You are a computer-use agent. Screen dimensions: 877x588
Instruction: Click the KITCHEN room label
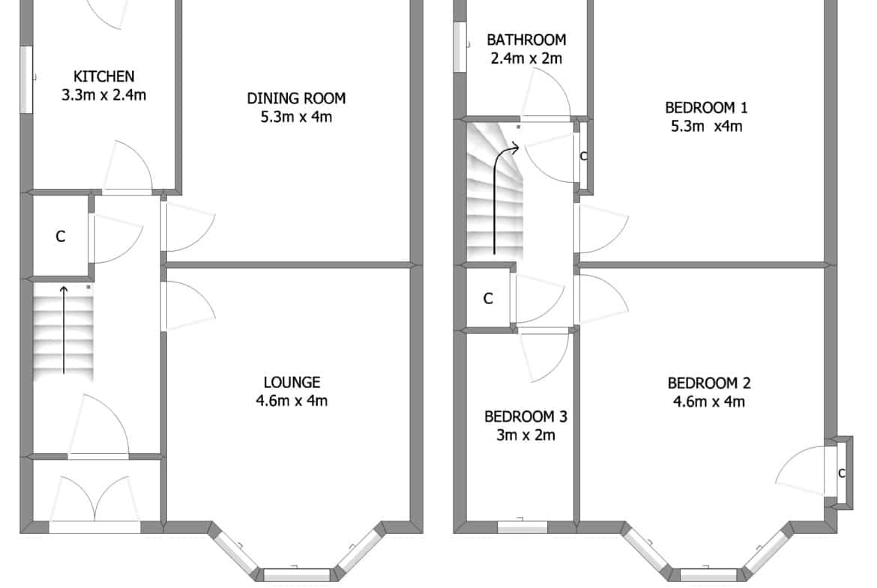tap(104, 76)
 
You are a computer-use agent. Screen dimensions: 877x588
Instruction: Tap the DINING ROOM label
tap(296, 98)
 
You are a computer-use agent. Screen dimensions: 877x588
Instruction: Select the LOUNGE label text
tap(292, 382)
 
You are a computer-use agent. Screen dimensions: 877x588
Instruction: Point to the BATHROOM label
tap(526, 40)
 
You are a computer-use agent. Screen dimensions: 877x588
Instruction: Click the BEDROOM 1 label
tap(706, 107)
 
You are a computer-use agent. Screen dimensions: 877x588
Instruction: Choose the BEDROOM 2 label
tap(708, 383)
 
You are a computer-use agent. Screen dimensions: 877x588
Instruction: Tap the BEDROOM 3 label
tap(525, 416)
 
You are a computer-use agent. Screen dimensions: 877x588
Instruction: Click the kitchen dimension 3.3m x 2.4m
tap(104, 95)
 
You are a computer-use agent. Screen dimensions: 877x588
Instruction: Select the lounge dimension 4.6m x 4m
tap(292, 401)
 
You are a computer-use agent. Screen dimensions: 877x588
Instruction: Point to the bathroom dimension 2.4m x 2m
tap(526, 58)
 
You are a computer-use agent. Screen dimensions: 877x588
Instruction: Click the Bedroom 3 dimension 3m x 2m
tap(525, 435)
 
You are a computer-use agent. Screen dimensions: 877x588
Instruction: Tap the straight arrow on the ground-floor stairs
tap(64, 330)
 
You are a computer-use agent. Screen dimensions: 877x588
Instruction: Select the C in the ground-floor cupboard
tap(61, 237)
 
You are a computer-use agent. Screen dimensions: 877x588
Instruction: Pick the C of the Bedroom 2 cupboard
tap(841, 473)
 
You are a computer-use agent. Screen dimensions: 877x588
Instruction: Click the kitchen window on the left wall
tap(26, 79)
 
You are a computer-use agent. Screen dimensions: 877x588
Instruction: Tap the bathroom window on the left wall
tap(459, 47)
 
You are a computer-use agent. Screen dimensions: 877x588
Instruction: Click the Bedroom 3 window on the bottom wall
tap(522, 527)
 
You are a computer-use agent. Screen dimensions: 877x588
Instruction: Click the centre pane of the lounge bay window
tap(297, 575)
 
